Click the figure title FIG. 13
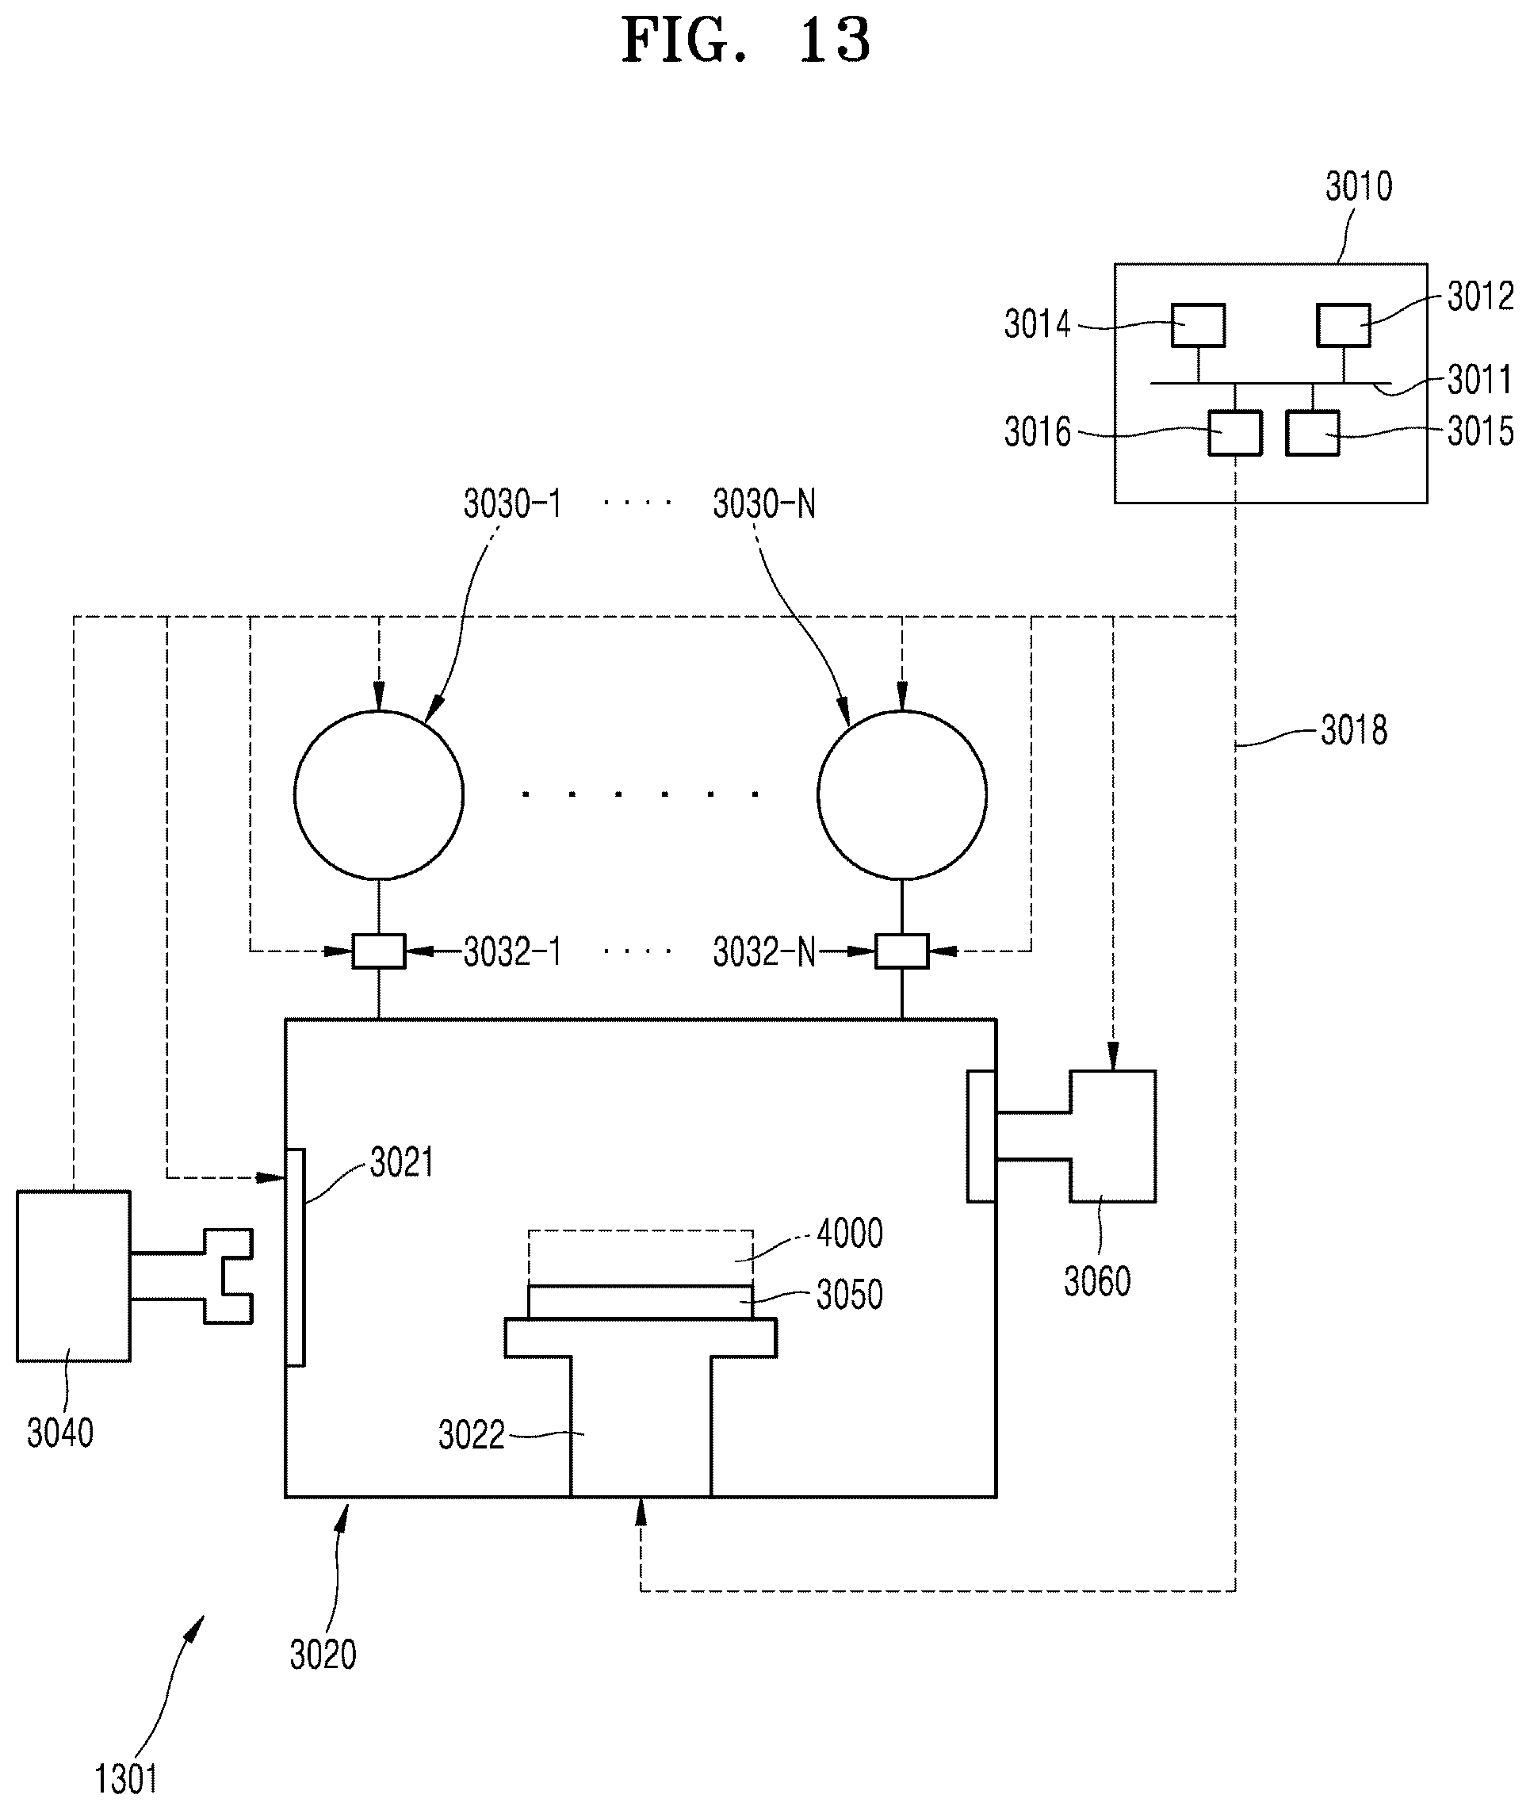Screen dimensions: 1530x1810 (x=746, y=40)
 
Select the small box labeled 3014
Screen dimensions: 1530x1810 (x=1198, y=325)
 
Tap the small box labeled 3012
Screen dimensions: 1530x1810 (x=1344, y=325)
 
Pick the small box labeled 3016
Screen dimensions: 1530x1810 (x=1235, y=433)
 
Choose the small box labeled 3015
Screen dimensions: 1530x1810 (x=1312, y=433)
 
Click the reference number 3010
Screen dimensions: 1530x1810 (x=1358, y=186)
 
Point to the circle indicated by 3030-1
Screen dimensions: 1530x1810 (x=379, y=795)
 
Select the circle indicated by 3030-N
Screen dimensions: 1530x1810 (x=902, y=795)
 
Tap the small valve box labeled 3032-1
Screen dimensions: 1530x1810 (x=378, y=951)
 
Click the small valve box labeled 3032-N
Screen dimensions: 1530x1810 (x=902, y=951)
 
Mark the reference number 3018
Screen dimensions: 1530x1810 (x=1354, y=731)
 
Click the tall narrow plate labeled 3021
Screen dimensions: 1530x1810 (x=296, y=1257)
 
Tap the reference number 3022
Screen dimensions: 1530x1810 (x=471, y=1435)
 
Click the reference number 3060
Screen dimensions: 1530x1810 (x=1097, y=1281)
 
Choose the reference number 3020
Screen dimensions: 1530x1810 (x=323, y=1655)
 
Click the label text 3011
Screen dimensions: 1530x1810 (x=1480, y=380)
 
